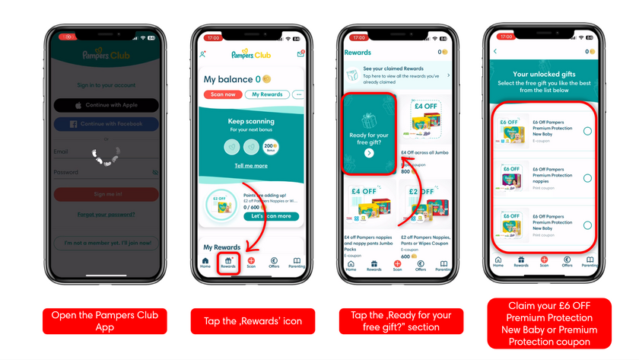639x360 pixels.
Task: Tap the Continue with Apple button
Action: pyautogui.click(x=106, y=105)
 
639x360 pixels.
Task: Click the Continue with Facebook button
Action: pyautogui.click(x=106, y=124)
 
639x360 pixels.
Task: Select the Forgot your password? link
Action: pyautogui.click(x=106, y=215)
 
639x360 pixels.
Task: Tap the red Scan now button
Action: pyautogui.click(x=223, y=94)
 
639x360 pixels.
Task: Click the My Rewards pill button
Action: pyautogui.click(x=267, y=94)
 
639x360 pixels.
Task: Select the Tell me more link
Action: pyautogui.click(x=251, y=165)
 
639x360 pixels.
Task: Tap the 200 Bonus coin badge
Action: pyautogui.click(x=270, y=147)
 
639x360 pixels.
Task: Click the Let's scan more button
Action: pyautogui.click(x=271, y=216)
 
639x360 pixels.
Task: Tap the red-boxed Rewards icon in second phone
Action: pyautogui.click(x=228, y=263)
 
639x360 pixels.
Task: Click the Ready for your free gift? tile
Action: pyautogui.click(x=370, y=129)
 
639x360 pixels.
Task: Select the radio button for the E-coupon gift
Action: pyautogui.click(x=587, y=131)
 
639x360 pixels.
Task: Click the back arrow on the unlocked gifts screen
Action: pyautogui.click(x=495, y=52)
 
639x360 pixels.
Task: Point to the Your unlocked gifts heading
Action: pyautogui.click(x=544, y=75)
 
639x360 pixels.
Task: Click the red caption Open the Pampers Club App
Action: pyautogui.click(x=105, y=320)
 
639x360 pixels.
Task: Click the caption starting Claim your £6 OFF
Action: pyautogui.click(x=549, y=323)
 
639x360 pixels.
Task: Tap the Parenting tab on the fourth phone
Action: pyautogui.click(x=590, y=262)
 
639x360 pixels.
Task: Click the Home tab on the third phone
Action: pyautogui.click(x=351, y=266)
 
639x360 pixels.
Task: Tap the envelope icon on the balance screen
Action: pyautogui.click(x=300, y=54)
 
